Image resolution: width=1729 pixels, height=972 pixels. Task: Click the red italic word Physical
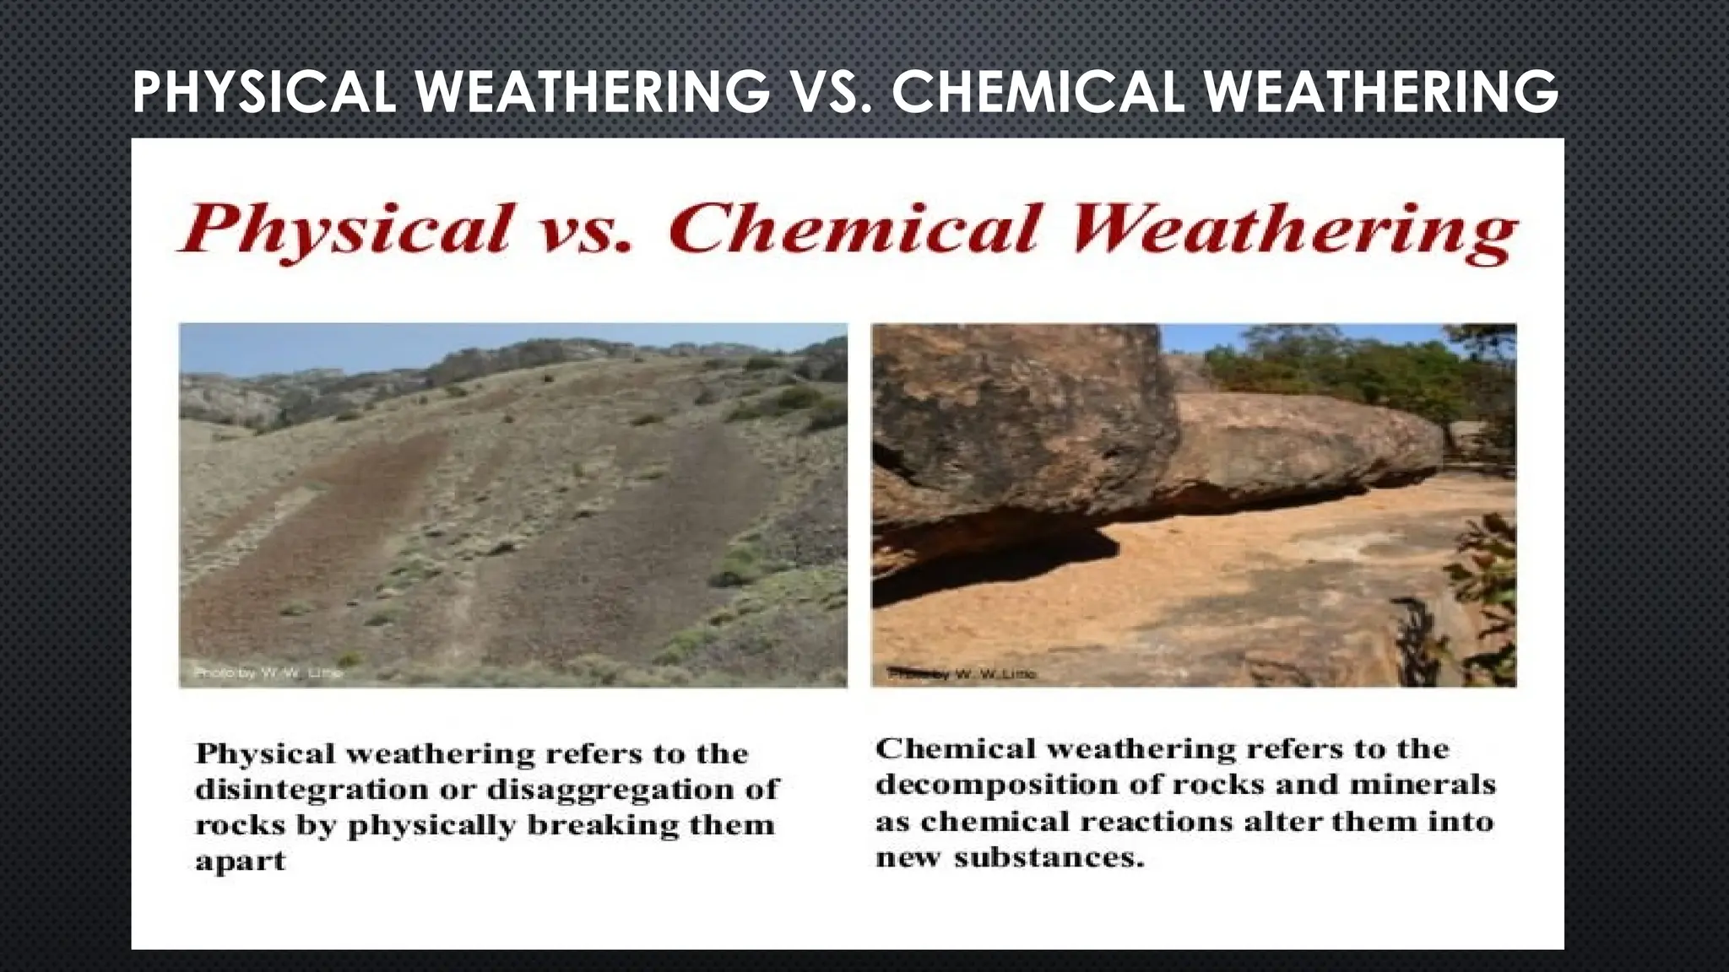tap(346, 229)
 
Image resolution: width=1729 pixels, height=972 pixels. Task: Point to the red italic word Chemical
tap(853, 229)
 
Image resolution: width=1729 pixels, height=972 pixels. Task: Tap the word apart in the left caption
tap(241, 862)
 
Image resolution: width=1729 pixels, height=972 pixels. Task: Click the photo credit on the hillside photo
tap(268, 672)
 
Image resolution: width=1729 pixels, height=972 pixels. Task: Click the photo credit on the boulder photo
tap(962, 674)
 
